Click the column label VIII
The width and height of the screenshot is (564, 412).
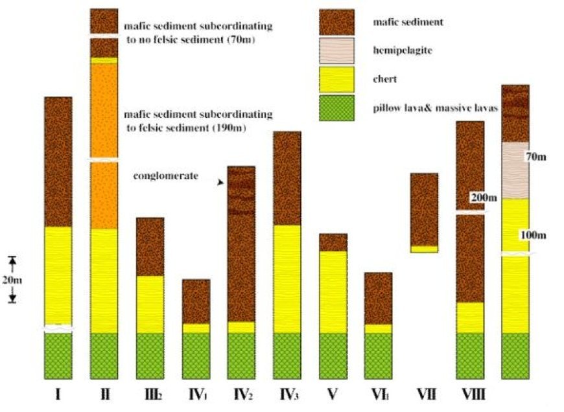[x=473, y=395]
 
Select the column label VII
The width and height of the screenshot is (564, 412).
[x=426, y=395]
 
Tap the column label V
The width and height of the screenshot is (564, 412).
[x=333, y=395]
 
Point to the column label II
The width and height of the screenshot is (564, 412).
[x=104, y=395]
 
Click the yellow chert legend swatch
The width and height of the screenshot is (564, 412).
[x=336, y=80]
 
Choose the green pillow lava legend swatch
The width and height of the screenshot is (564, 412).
[x=336, y=108]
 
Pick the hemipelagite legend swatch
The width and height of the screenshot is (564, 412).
[x=336, y=51]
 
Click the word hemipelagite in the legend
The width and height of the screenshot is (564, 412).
[x=403, y=51]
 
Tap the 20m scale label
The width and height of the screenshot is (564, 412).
[x=12, y=279]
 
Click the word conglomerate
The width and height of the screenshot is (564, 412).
[x=166, y=176]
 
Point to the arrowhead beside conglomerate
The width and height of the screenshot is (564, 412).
[x=220, y=183]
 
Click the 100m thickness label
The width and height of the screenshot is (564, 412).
[x=533, y=235]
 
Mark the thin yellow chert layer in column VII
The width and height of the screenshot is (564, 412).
[x=425, y=249]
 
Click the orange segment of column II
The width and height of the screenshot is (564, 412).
[x=104, y=146]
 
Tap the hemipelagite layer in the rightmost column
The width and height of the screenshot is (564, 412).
[x=515, y=170]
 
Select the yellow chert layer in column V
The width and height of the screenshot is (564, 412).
[x=333, y=292]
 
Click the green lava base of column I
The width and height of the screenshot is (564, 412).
[x=58, y=356]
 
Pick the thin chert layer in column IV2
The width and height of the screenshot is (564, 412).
[x=241, y=327]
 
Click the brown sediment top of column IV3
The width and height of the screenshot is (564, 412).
[x=287, y=178]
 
